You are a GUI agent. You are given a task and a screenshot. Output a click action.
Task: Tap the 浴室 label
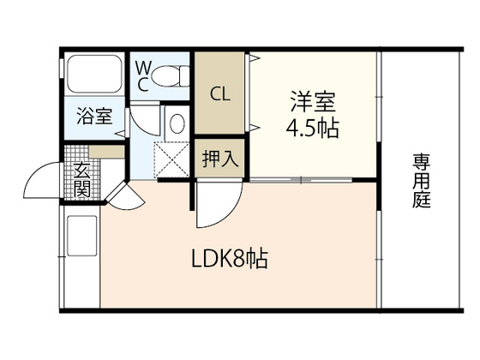[93, 117]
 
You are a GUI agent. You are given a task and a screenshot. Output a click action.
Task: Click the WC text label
[142, 75]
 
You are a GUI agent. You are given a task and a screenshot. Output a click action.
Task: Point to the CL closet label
[220, 92]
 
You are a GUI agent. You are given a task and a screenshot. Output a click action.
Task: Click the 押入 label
[220, 159]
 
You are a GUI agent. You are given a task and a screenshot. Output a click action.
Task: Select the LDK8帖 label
[229, 257]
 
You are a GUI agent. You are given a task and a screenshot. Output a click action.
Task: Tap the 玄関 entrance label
[82, 180]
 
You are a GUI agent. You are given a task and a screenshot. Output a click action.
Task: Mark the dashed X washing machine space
[171, 159]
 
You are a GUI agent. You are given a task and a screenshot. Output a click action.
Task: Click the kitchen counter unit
[81, 257]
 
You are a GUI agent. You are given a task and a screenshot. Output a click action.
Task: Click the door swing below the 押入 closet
[214, 206]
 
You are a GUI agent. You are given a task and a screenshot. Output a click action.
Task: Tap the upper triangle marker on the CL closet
[255, 60]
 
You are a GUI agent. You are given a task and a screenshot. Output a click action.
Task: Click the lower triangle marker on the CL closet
[255, 127]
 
